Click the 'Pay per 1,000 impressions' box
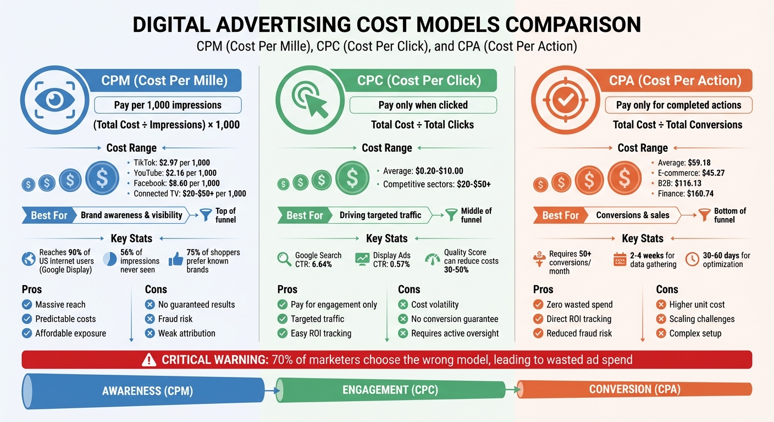coord(168,105)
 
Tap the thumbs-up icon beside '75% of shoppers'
coord(176,260)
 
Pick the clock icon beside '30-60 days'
coord(692,259)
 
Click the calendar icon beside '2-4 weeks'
coord(620,259)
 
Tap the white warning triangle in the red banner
coord(149,360)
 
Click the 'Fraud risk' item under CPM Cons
coord(175,319)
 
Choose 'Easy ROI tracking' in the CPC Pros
coord(320,333)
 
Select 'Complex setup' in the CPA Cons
coord(695,333)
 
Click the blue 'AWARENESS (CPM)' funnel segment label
coord(147,391)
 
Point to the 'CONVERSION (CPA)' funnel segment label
coord(634,390)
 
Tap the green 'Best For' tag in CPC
coord(305,215)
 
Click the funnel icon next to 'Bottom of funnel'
coord(704,215)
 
